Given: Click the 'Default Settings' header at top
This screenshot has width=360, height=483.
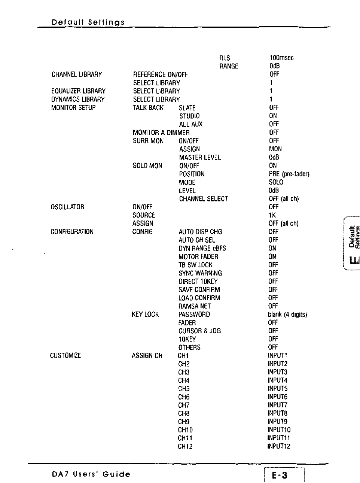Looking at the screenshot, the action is pos(88,22).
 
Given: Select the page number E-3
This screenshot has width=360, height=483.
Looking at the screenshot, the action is pos(280,476).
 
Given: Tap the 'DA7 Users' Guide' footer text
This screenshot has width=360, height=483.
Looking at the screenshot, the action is pos(91,474).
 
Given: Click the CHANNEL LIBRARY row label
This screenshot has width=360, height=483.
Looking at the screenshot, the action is pos(77,75).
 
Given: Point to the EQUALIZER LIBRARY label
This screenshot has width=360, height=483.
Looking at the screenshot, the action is pos(78,91).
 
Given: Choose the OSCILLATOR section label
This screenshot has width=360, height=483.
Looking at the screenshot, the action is pos(67,207).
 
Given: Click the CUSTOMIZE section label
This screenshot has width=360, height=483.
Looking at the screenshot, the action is pos(65,355).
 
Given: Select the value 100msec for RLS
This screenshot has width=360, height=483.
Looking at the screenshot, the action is pos(281,58).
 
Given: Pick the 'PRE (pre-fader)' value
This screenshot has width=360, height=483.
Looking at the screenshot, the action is pos(289,174).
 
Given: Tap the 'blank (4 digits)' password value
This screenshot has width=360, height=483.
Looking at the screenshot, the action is pos(287,315).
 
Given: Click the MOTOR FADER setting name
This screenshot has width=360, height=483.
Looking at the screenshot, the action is pos(198,257).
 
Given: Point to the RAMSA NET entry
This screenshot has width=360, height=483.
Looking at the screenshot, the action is pos(195,306).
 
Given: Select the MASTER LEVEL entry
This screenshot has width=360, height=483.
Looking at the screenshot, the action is pos(200,158).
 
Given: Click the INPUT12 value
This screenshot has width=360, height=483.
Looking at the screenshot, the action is pos(279,446).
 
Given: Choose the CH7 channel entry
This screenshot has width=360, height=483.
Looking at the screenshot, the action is pos(184,405).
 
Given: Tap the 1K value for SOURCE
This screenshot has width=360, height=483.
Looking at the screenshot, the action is pos(272,215).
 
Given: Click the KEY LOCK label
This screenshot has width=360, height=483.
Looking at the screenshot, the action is pos(145,315).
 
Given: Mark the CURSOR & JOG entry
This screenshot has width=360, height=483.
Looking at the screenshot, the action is pos(199,331).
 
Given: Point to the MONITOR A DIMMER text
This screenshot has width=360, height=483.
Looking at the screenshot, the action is pos(161,133).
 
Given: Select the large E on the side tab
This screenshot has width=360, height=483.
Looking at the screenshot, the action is pos(353,260).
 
